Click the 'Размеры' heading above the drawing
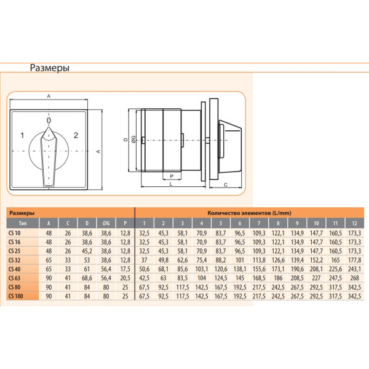(49, 68)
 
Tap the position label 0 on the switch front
(49, 121)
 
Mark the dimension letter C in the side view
(226, 184)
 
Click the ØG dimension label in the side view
(133, 140)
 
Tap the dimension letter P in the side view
(171, 175)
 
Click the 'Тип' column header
(22, 223)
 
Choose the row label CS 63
(15, 277)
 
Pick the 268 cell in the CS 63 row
(354, 277)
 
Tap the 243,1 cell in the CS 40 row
(354, 268)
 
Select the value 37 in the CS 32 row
(144, 260)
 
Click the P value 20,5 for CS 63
(125, 277)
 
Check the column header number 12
(354, 223)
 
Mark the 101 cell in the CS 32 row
(239, 260)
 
